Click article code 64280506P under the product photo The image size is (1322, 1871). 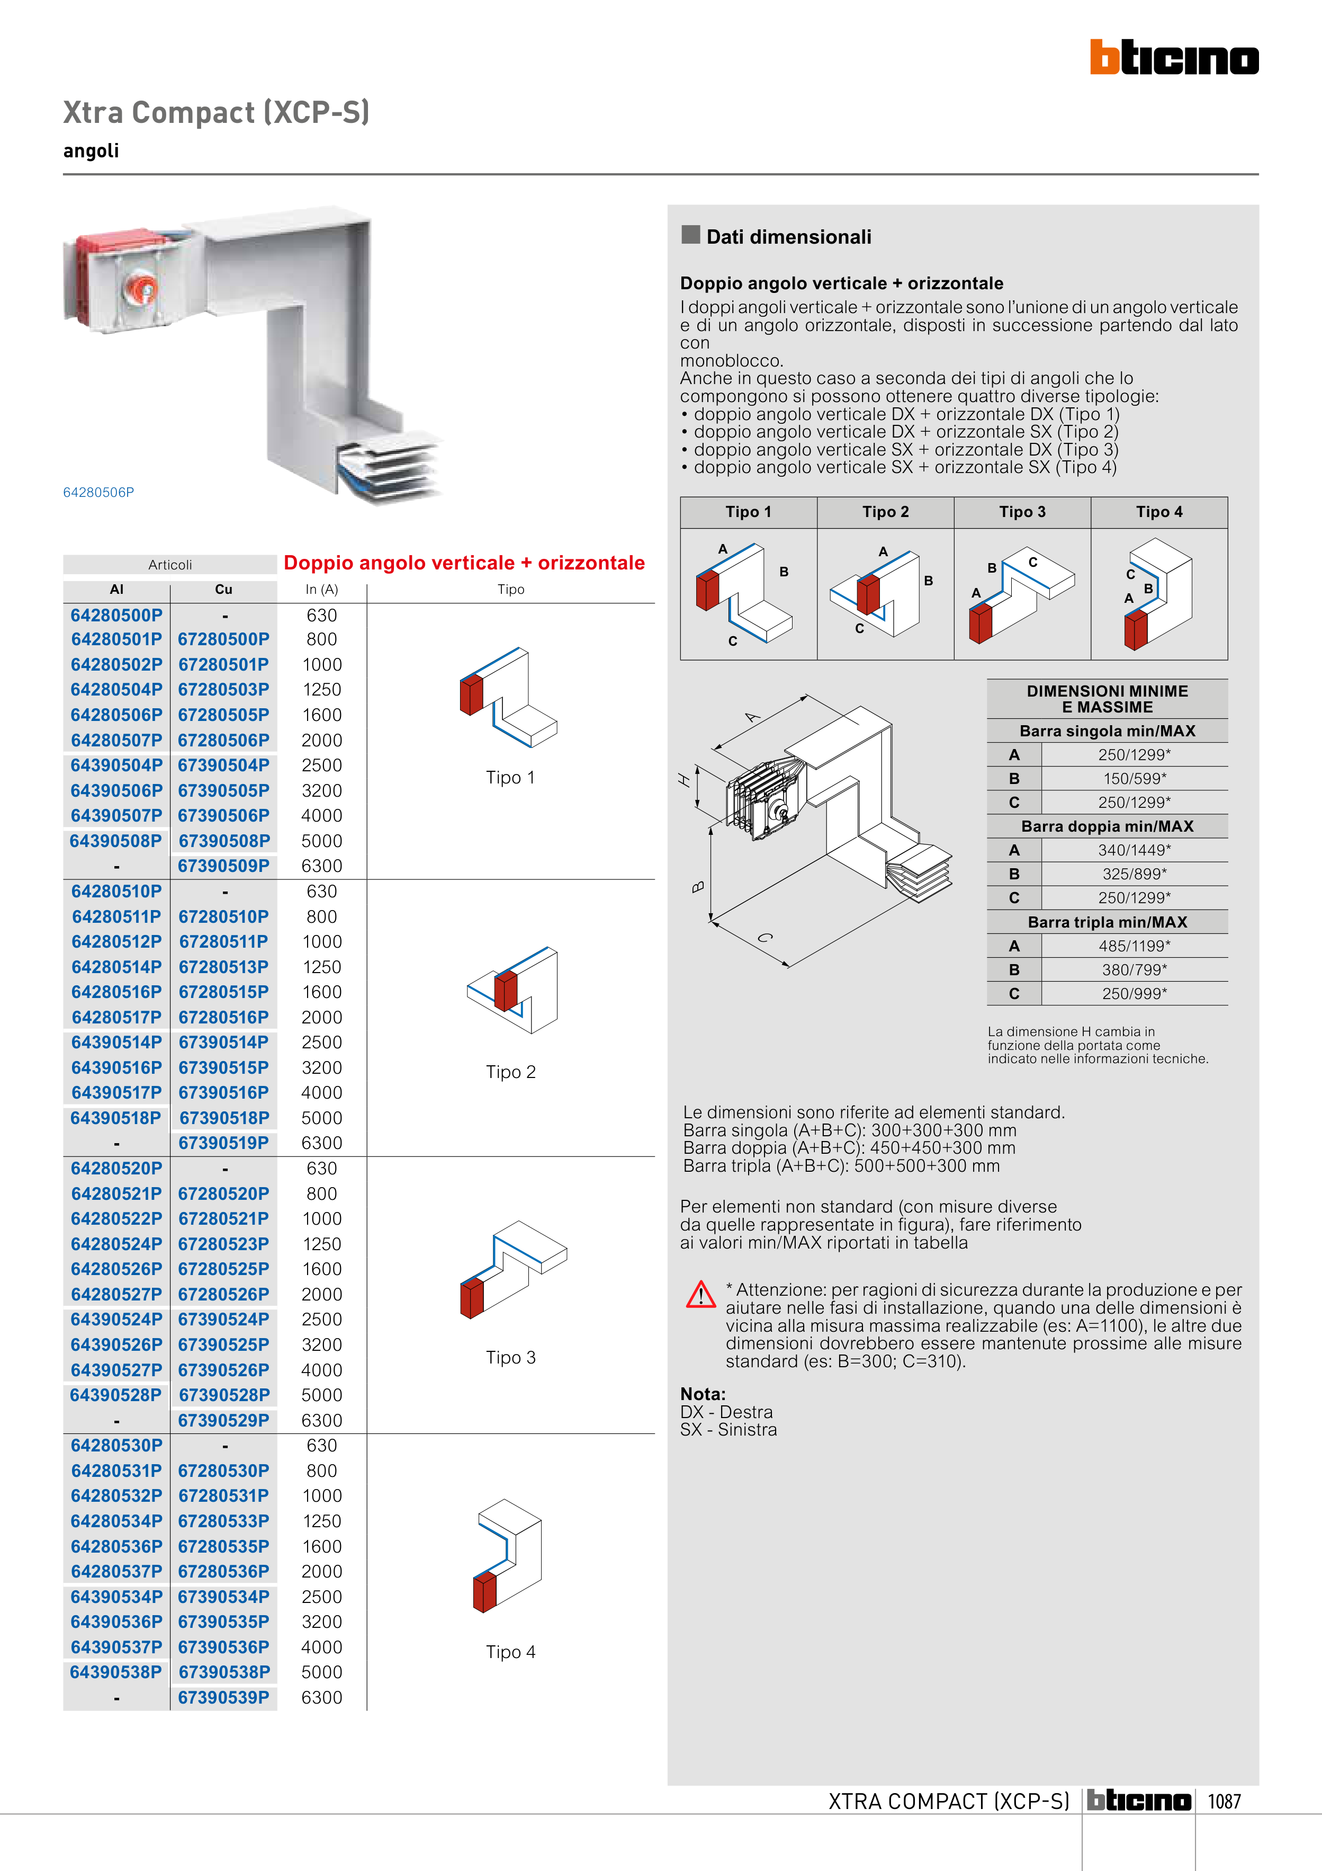tap(98, 492)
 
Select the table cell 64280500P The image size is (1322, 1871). tap(116, 615)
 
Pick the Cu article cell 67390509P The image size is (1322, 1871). tap(223, 866)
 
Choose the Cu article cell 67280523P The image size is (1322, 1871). tap(223, 1244)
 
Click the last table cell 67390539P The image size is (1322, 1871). tap(223, 1697)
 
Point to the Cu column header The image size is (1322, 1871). tap(223, 589)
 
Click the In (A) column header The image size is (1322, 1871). tap(322, 589)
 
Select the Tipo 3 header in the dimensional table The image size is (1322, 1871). tap(1022, 512)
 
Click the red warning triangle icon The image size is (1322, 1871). tap(700, 1294)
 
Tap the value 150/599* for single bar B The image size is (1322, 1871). tap(1135, 778)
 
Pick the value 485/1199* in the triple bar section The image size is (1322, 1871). tap(1135, 946)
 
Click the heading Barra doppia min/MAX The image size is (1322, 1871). tap(1107, 826)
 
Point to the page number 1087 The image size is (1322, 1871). tap(1224, 1802)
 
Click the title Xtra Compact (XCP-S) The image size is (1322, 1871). tap(217, 112)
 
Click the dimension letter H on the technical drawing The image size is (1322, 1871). tap(684, 780)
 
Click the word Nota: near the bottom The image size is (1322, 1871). tap(702, 1394)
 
